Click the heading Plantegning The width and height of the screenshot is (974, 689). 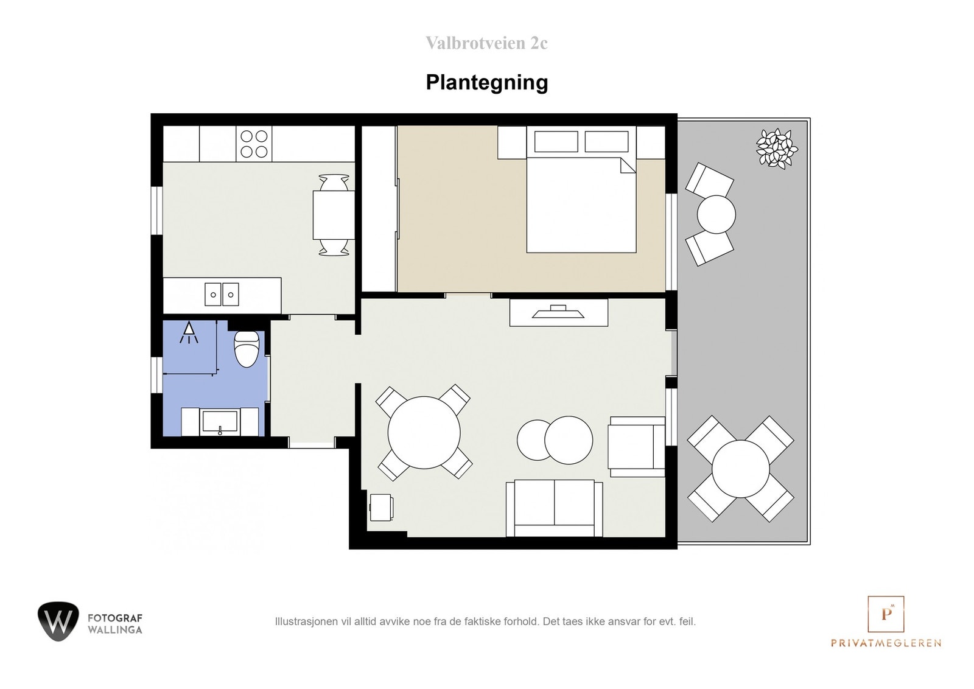486,82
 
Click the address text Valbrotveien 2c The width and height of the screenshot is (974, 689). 486,43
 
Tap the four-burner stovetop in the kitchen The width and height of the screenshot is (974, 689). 254,144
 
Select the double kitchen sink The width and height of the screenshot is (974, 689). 221,295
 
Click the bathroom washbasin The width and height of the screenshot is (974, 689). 220,422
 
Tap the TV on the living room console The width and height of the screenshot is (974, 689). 558,312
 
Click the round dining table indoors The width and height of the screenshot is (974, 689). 424,432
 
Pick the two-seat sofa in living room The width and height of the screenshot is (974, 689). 554,508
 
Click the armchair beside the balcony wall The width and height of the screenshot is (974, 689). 636,447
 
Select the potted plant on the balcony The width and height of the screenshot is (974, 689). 777,149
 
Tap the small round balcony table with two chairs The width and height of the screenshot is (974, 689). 716,214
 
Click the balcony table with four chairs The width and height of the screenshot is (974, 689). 740,469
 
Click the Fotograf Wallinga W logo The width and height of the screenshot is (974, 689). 58,621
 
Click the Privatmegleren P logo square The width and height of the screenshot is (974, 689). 886,614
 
